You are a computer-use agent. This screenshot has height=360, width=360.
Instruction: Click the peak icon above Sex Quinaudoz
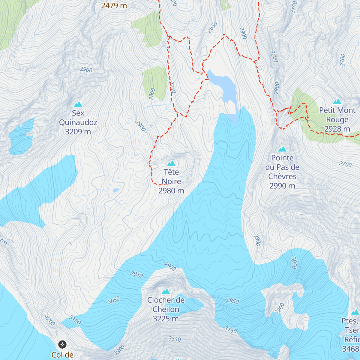78,104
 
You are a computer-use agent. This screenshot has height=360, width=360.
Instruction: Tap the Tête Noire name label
171,177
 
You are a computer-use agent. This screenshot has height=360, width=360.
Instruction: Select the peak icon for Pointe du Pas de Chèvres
282,149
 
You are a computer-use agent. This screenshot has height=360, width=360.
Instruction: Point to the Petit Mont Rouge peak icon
337,101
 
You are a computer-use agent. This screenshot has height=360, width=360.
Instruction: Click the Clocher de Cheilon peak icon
166,291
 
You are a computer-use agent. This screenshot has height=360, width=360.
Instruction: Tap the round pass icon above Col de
62,344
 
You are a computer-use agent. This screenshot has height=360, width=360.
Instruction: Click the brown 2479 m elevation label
114,5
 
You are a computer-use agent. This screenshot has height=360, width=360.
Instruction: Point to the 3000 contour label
274,56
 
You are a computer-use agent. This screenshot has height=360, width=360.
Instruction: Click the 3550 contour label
175,339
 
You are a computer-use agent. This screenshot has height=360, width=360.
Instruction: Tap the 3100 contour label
75,320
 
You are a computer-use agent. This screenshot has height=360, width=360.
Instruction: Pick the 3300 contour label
119,350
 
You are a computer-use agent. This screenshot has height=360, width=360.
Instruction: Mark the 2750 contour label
172,87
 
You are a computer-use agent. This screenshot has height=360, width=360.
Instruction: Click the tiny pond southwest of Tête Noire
115,190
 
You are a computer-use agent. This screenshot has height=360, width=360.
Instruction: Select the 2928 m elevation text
337,129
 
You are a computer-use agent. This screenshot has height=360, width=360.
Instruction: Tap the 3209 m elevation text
78,132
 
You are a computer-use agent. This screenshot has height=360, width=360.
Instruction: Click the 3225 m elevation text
166,319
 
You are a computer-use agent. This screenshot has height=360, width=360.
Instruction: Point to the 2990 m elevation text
282,186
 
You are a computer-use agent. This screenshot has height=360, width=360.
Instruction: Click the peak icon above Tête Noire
171,163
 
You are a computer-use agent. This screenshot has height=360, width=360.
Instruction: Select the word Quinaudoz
78,122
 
